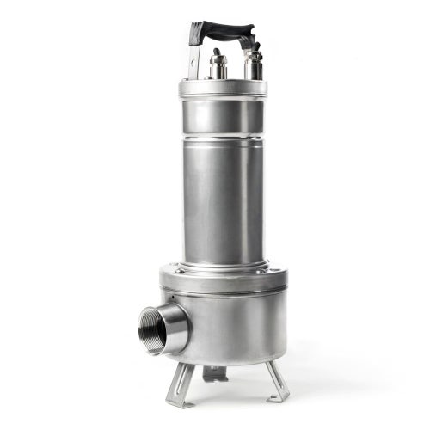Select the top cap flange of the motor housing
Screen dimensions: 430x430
tap(223, 88)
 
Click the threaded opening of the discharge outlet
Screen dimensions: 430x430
tap(153, 328)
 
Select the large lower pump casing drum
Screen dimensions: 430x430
tap(232, 327)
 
